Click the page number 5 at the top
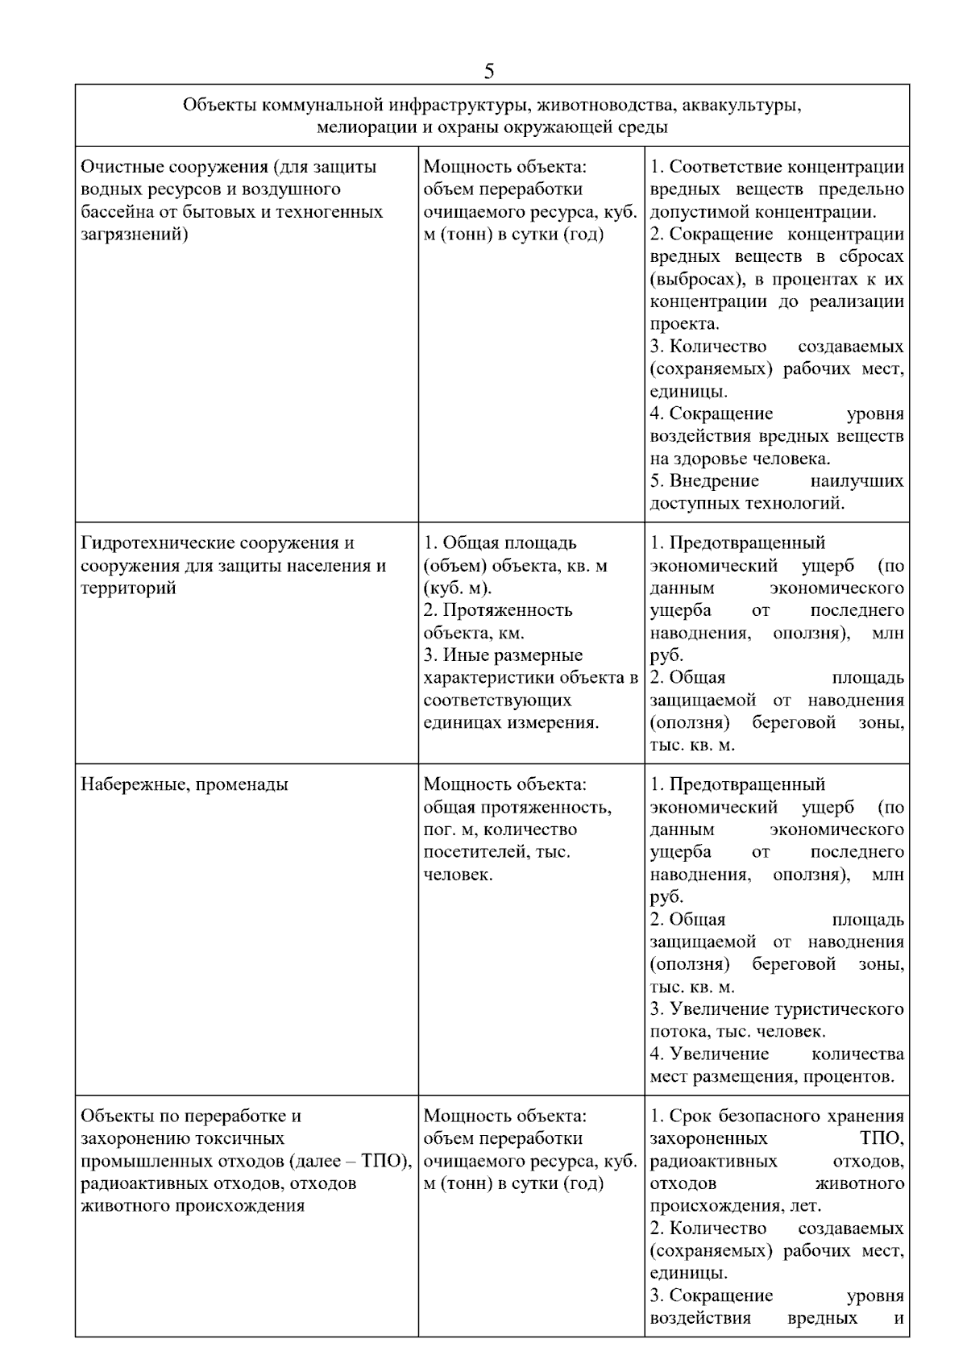point(489,71)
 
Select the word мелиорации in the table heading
point(358,127)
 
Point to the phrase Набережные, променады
point(185,784)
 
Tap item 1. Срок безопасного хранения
point(776,1116)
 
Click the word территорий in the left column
point(128,588)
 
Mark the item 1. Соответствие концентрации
point(776,167)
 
